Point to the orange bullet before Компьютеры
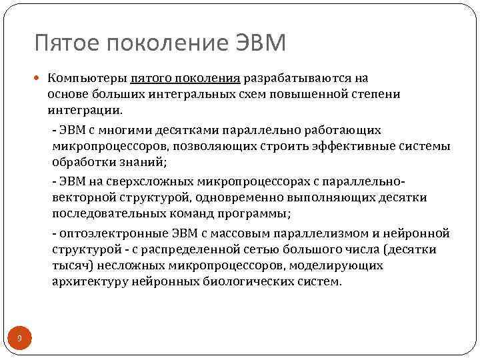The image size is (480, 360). point(40,79)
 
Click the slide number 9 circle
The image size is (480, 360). point(19,339)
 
